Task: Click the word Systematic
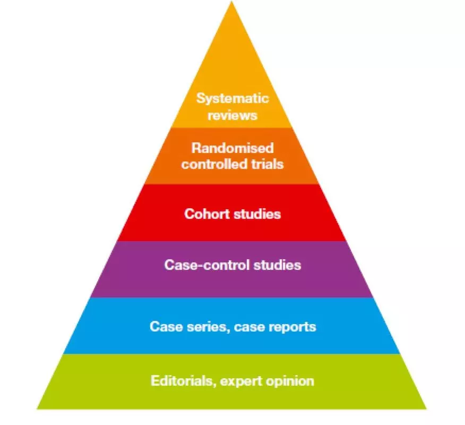pyautogui.click(x=232, y=98)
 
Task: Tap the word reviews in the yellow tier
pyautogui.click(x=232, y=115)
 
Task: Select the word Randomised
pyautogui.click(x=232, y=148)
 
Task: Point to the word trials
pyautogui.click(x=267, y=164)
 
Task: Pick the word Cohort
pyautogui.click(x=205, y=214)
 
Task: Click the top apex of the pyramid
pyautogui.click(x=232, y=3)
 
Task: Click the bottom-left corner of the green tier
pyautogui.click(x=37, y=407)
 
